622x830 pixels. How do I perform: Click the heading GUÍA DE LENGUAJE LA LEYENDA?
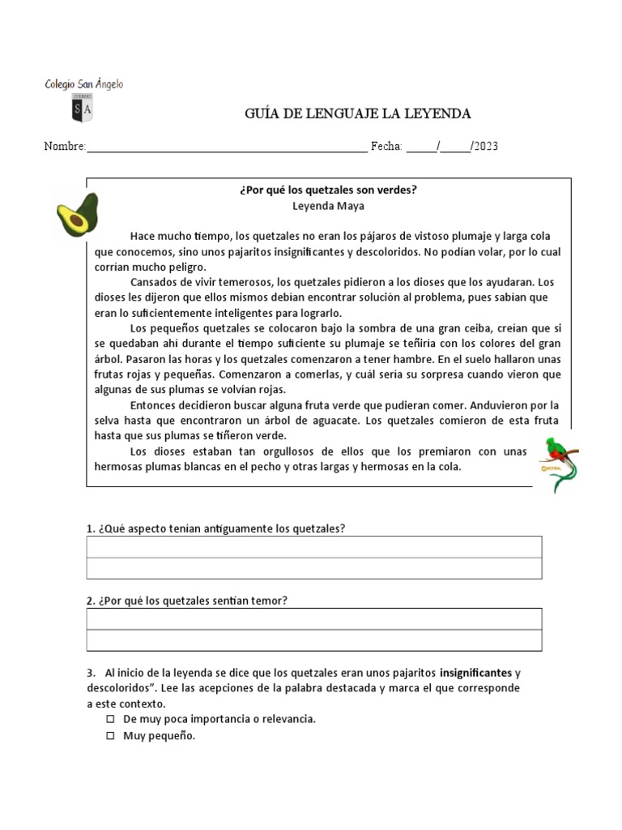point(357,113)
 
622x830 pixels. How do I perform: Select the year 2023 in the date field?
point(486,147)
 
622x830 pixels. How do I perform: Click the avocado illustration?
point(77,214)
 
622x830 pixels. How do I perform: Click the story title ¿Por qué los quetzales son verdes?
point(329,190)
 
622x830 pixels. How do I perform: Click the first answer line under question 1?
point(314,547)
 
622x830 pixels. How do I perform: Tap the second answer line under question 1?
point(314,568)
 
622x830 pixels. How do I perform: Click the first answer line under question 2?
point(314,619)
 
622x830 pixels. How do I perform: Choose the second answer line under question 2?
point(314,640)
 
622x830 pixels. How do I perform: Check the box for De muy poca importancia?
point(111,719)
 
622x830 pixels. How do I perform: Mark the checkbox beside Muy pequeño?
point(111,737)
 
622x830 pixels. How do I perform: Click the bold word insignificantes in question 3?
point(475,673)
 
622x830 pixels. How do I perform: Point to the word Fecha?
point(386,147)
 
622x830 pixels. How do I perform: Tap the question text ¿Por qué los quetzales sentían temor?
point(187,601)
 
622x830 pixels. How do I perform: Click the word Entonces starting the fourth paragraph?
point(155,405)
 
